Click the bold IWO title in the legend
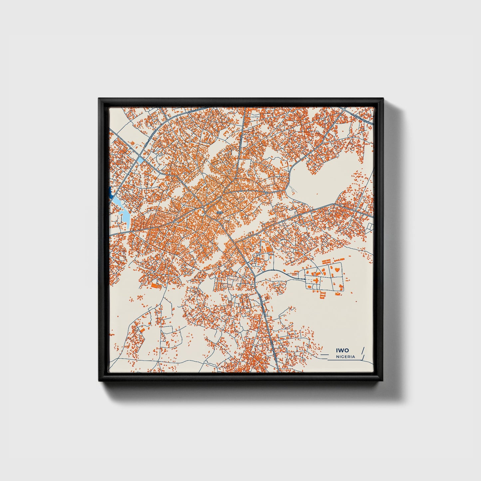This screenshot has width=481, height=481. pyautogui.click(x=342, y=350)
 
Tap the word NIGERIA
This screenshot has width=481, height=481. pyautogui.click(x=346, y=357)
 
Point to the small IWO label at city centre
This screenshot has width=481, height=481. pyautogui.click(x=219, y=212)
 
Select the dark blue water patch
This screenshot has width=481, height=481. pyautogui.click(x=110, y=192)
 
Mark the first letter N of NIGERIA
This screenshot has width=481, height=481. pyautogui.click(x=338, y=357)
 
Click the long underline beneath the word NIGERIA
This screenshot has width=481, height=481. pyautogui.click(x=343, y=360)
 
